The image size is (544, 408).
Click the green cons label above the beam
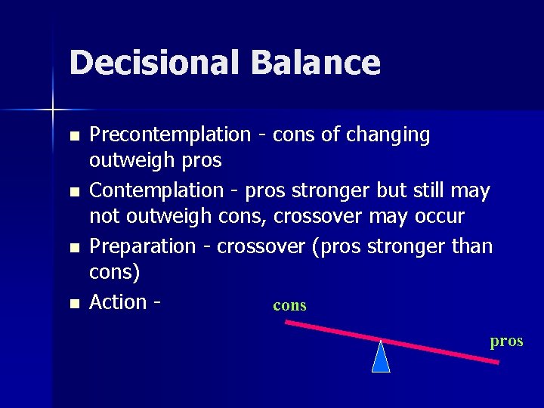[x=289, y=306]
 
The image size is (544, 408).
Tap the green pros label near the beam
[x=506, y=341]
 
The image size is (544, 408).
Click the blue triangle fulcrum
[x=381, y=358]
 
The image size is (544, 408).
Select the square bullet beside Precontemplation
[x=73, y=137]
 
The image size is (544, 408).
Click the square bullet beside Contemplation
[x=73, y=193]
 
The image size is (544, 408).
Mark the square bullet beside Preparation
[x=73, y=248]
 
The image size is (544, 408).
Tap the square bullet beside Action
[x=73, y=304]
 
